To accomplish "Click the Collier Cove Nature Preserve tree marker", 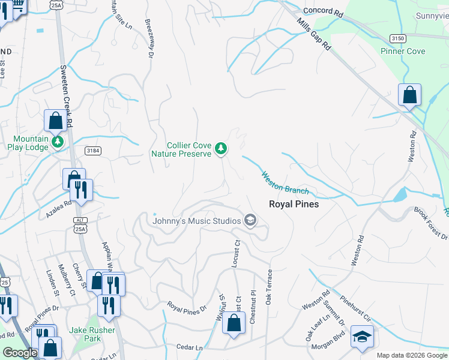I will (x=221, y=148).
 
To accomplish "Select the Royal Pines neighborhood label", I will (x=294, y=204).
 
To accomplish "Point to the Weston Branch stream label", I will (x=285, y=183).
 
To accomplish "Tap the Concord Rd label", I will (x=323, y=11).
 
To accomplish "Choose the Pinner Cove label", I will (x=403, y=51).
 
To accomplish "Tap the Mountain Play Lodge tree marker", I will (x=58, y=142).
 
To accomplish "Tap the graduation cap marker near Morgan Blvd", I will (x=362, y=337).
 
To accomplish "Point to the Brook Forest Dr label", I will (x=430, y=223).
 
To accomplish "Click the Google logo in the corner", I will (x=20, y=353).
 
